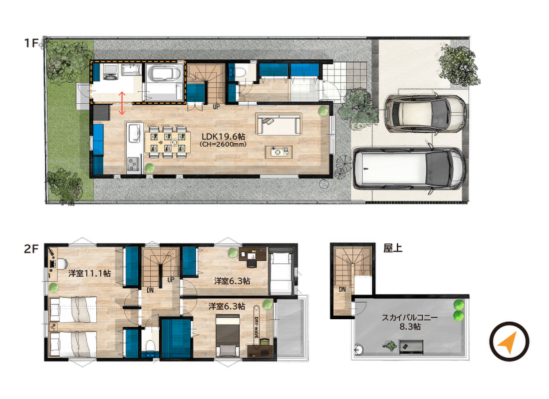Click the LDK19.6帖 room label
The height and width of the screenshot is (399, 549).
click(x=223, y=137)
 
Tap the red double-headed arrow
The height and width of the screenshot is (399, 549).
click(x=122, y=103)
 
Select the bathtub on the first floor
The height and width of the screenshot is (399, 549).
click(x=164, y=74)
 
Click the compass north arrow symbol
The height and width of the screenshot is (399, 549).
click(x=509, y=342)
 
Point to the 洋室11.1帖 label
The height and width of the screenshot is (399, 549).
click(x=90, y=273)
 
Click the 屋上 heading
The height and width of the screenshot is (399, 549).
click(x=393, y=248)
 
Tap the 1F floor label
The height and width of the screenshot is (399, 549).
click(x=31, y=43)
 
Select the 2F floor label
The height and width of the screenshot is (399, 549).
click(x=31, y=249)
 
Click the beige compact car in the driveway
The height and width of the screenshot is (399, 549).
click(x=425, y=113)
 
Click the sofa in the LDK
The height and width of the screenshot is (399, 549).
click(x=278, y=124)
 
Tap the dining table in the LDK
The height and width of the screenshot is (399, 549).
click(x=168, y=142)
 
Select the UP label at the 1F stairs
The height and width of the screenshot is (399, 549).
click(x=217, y=106)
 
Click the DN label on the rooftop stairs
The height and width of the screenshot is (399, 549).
click(x=342, y=289)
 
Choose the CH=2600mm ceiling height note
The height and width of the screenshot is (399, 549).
click(x=223, y=144)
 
